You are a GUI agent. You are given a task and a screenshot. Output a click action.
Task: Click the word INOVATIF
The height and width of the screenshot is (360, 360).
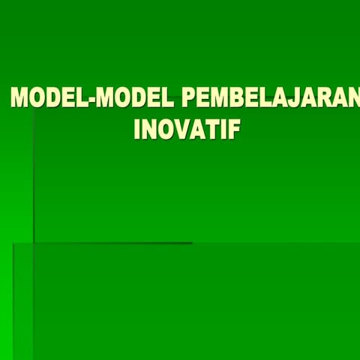[187, 130]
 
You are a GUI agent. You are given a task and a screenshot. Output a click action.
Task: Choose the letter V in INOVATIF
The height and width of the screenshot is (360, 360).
[181, 130]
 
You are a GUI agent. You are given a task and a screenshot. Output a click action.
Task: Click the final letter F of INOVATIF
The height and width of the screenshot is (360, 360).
[234, 130]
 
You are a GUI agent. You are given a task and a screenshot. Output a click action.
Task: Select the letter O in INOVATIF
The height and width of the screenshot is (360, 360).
[163, 130]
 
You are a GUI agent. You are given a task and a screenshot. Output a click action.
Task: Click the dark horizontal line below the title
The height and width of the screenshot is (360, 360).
[112, 243]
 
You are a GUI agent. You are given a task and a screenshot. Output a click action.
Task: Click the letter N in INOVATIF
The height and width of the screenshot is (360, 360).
[148, 130]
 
